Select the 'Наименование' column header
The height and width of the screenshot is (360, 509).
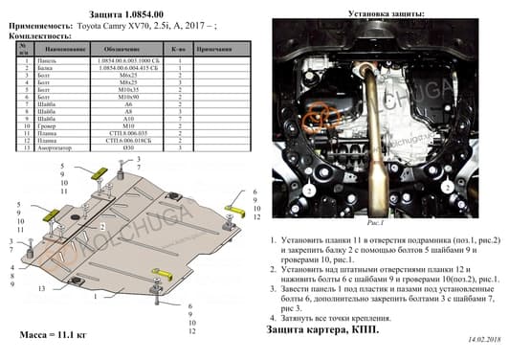(65, 47)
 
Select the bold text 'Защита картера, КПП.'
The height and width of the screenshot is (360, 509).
(321, 329)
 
